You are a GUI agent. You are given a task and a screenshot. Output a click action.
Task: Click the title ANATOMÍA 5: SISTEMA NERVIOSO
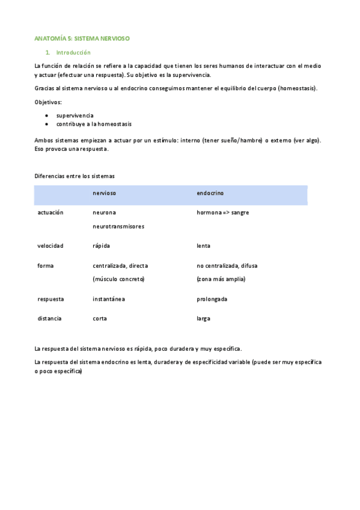coord(82,38)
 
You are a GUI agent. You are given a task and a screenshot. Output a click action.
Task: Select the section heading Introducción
coord(73,52)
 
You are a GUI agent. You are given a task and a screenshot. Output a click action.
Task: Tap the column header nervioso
coord(104,193)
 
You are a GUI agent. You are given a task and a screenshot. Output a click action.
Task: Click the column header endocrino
coord(210,193)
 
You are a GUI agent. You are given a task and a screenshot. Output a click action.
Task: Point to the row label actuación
coord(50,212)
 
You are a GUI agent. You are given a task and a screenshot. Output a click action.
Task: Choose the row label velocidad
coord(50,245)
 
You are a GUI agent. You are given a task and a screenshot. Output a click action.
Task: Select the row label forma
coord(45,265)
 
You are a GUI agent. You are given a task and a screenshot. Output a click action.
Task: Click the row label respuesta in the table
coord(50,299)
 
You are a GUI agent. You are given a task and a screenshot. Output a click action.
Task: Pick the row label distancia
coord(49,318)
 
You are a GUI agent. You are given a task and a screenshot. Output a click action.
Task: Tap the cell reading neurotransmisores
coord(118,226)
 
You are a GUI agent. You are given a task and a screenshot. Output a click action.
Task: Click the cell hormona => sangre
coord(222,212)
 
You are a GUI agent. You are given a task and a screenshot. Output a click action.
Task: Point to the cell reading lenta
coord(203,245)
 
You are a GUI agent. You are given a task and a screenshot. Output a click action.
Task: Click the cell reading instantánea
coord(109,299)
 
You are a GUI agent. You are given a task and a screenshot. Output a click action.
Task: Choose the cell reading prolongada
coord(212,299)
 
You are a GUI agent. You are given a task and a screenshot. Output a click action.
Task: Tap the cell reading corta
coord(99,318)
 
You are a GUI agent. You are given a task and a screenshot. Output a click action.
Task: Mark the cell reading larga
coord(203,318)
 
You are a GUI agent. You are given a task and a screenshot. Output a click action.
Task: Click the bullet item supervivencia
coord(75,115)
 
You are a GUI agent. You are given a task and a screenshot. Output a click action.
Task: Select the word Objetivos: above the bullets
coord(48,102)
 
